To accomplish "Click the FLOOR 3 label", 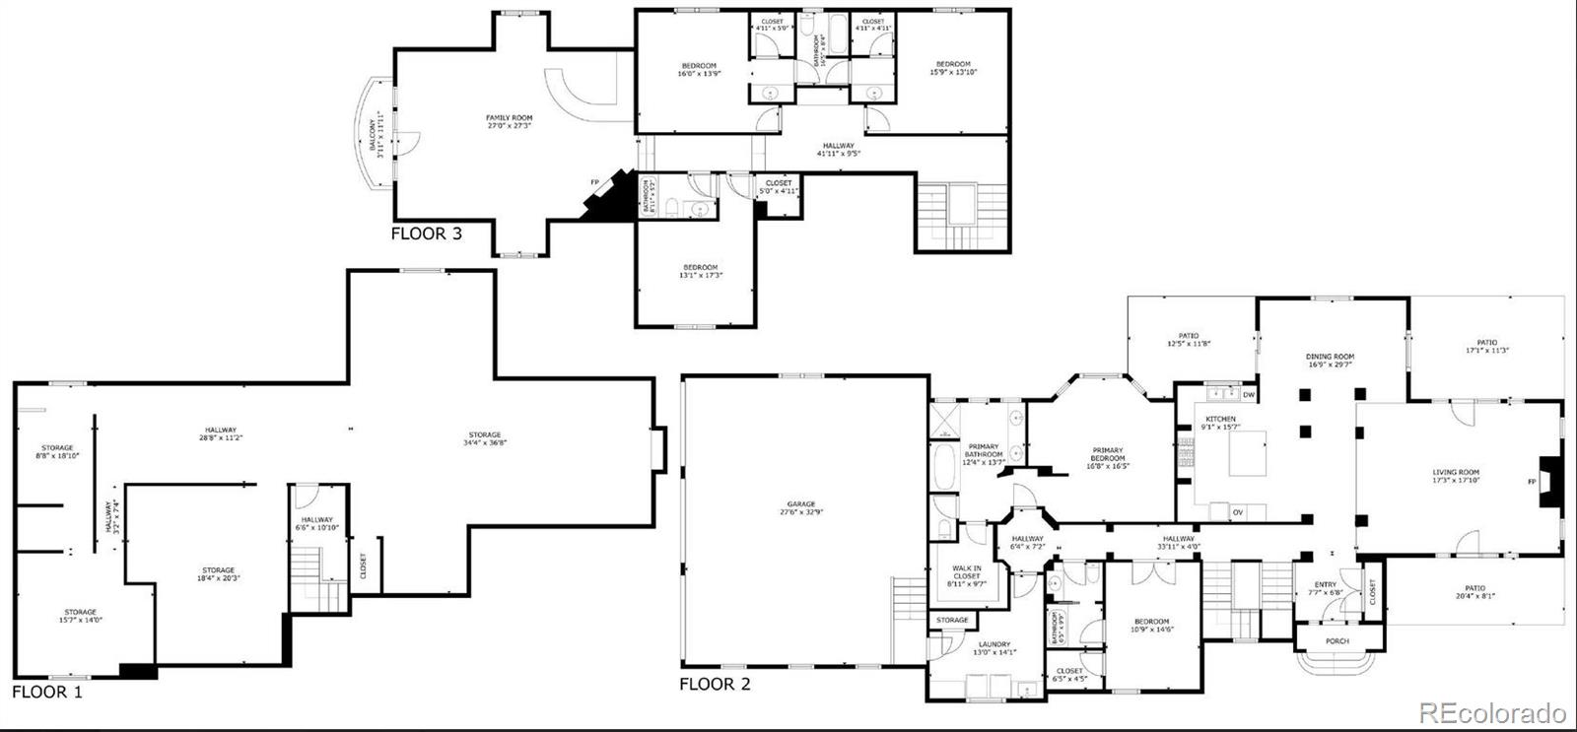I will [426, 234].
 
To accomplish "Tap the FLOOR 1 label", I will [47, 693].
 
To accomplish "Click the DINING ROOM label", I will [1331, 361].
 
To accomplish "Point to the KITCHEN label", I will [1220, 422].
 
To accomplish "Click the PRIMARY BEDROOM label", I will [1107, 457].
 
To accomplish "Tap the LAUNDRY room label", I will [994, 647].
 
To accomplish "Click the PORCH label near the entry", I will [1337, 641].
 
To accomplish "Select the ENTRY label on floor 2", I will [1325, 588].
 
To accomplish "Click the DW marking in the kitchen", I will [1249, 395].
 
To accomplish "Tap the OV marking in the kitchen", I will [1237, 512].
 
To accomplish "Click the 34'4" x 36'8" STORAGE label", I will [484, 438].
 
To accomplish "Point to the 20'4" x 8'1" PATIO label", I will [1474, 591].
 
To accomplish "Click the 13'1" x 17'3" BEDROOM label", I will [701, 271].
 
